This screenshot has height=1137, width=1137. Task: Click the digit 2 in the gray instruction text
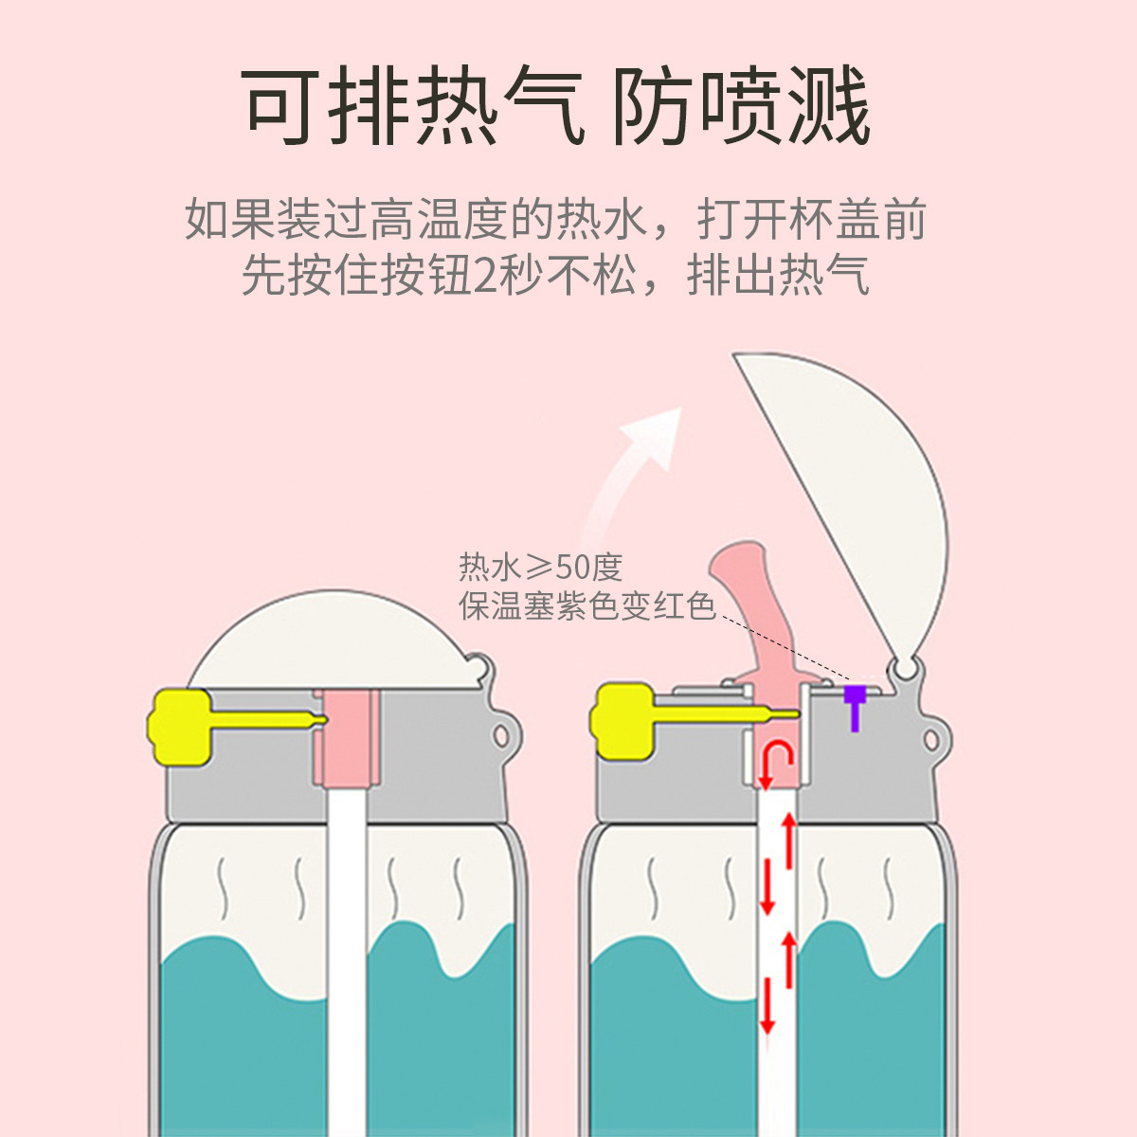485,276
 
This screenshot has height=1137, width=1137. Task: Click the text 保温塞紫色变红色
587,605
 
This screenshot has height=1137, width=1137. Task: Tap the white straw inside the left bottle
347,947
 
